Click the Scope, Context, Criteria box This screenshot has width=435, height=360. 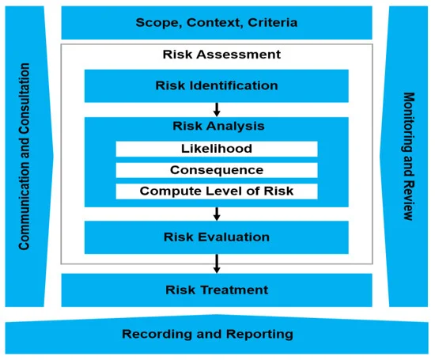click(217, 23)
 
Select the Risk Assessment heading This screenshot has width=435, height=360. click(221, 55)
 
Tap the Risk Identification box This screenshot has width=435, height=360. click(217, 85)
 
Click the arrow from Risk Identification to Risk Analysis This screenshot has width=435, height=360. click(217, 110)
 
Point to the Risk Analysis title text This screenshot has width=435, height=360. click(218, 126)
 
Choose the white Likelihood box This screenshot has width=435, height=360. click(217, 149)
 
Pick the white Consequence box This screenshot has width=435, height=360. click(217, 170)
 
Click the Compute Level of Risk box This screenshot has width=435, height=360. click(217, 191)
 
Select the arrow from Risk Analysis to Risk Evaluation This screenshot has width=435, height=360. click(217, 214)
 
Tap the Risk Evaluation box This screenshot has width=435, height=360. click(217, 237)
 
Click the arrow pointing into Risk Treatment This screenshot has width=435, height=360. click(217, 263)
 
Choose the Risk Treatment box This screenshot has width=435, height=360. click(217, 290)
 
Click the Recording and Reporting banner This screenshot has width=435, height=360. click(217, 335)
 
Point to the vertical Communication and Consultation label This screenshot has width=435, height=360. click(25, 157)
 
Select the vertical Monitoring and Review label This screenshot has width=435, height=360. click(409, 157)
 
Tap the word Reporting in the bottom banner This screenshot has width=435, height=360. click(259, 334)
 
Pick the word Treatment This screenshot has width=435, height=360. click(234, 290)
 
